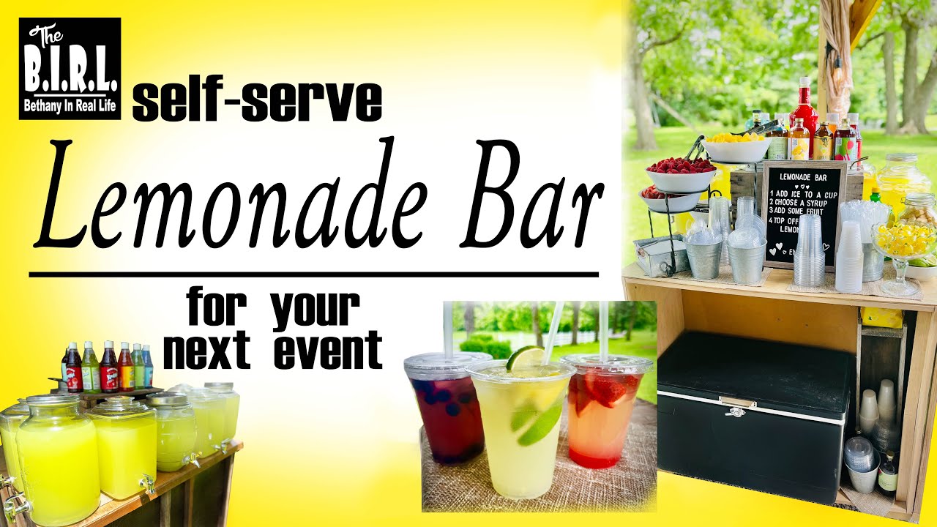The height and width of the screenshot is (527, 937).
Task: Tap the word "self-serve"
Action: (257, 102)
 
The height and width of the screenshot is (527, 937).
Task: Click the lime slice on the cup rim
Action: (526, 358)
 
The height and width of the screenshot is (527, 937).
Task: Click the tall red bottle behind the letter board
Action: (805, 110)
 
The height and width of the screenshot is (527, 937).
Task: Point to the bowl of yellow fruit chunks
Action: (735, 147)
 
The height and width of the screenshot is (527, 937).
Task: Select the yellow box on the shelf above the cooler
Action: (881, 316)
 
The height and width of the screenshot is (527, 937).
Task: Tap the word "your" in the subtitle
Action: (316, 310)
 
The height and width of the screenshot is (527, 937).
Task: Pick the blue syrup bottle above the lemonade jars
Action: (147, 366)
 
